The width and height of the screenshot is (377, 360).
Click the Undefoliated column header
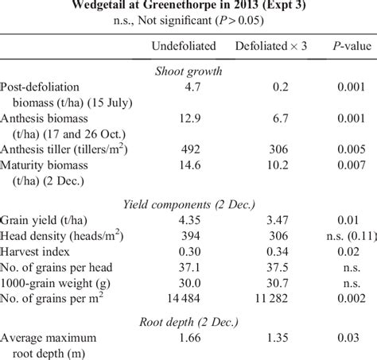184,46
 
